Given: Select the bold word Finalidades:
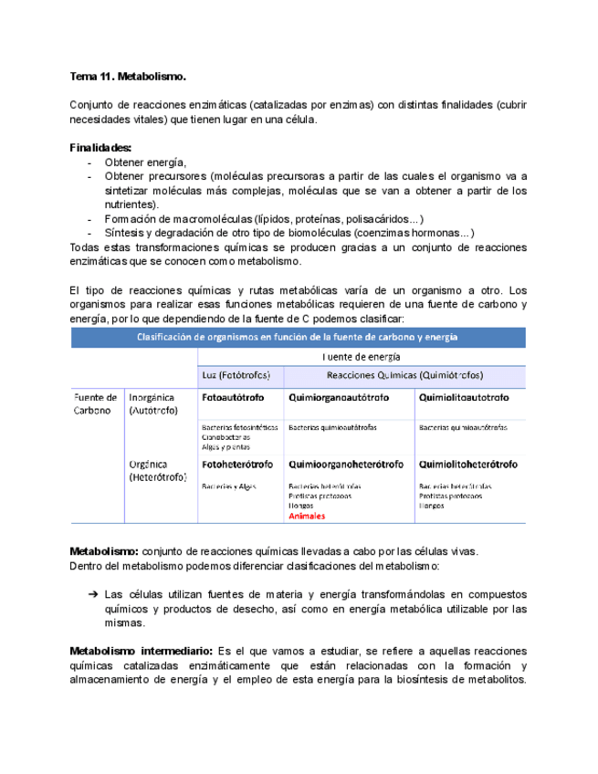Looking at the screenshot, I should [x=101, y=148].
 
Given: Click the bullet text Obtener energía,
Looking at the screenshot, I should [x=145, y=162].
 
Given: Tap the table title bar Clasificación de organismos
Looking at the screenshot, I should [x=299, y=337].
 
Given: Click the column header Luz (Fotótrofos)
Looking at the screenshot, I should [x=235, y=376].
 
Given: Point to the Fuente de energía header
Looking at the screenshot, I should [x=362, y=357].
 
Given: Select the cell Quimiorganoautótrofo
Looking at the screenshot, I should [x=338, y=398].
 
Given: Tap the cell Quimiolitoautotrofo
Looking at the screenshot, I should [x=464, y=398].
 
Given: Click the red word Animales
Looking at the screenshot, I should [x=306, y=516].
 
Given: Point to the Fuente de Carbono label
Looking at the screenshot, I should [x=95, y=403].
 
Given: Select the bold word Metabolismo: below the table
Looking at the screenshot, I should [x=105, y=550].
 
